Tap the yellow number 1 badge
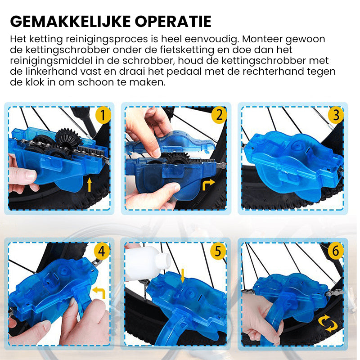[x=103, y=116]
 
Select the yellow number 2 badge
[x=219, y=116]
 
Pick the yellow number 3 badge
[x=336, y=116]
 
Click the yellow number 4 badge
[x=102, y=251]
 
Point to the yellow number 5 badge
[x=218, y=251]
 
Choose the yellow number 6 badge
[x=335, y=251]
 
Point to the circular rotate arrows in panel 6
[x=327, y=323]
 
